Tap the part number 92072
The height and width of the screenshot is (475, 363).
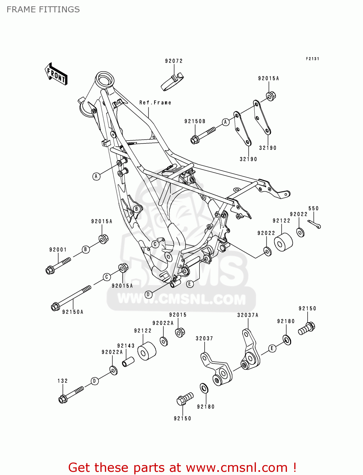[174, 61]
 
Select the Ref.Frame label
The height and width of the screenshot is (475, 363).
[155, 103]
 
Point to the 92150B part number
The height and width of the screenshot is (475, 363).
[195, 121]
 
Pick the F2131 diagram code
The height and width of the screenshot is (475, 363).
[312, 59]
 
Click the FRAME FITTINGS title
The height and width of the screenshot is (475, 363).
[43, 9]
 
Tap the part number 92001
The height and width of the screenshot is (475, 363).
[58, 250]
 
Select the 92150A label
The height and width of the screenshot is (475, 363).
[73, 312]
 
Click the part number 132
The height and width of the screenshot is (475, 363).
[63, 381]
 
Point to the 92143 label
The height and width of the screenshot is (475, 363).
[126, 346]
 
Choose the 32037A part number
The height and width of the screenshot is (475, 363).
[248, 315]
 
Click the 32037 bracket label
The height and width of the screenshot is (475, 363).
[204, 338]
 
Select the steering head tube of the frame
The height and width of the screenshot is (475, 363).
[105, 80]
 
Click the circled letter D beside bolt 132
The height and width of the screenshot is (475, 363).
[94, 381]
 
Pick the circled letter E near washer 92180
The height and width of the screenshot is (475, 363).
[272, 348]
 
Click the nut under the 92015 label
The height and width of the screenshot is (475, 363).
[180, 332]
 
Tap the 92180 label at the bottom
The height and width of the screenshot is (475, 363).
[206, 407]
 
